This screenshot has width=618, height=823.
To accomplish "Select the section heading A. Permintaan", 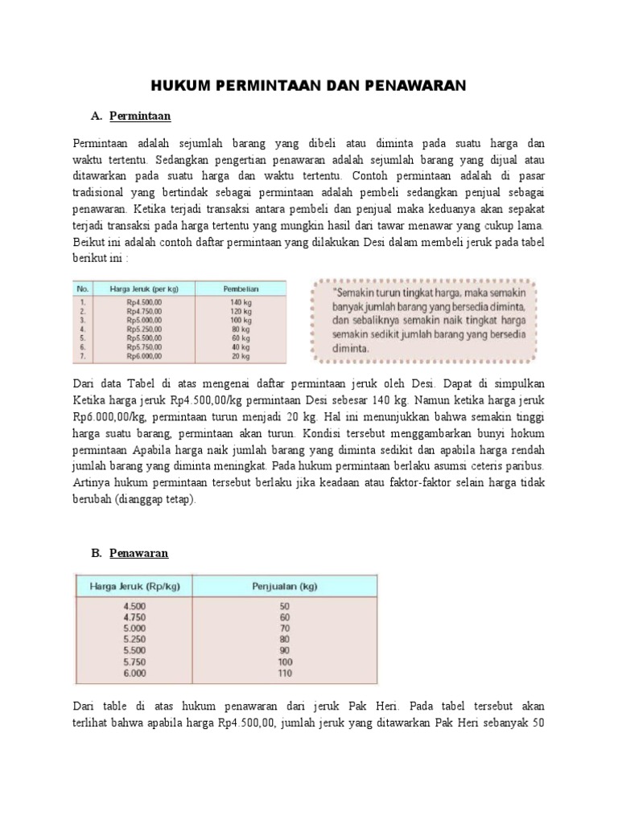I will coord(131,117).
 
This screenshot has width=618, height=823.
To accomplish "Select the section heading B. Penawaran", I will coord(130,554).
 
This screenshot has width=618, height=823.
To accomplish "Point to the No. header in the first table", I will coord(81,288).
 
